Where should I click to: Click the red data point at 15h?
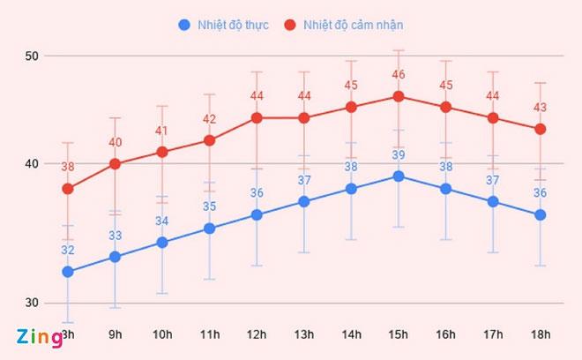click(399, 96)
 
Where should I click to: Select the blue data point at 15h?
click(399, 176)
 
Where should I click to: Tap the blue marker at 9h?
click(115, 257)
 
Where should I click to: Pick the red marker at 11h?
click(209, 139)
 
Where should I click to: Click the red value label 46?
click(399, 75)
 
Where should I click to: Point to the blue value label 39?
click(399, 155)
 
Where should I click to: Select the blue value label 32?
click(68, 251)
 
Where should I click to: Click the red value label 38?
click(68, 167)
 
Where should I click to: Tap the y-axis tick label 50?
click(33, 56)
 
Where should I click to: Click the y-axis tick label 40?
click(33, 164)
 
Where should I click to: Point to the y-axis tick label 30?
click(33, 303)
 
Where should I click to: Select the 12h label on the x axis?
click(257, 334)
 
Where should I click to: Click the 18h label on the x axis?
click(541, 334)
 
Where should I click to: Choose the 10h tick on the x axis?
click(162, 334)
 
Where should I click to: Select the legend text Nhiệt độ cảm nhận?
click(353, 24)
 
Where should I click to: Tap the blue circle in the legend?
click(183, 24)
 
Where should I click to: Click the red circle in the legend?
click(288, 24)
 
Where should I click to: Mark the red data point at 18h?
click(541, 129)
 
